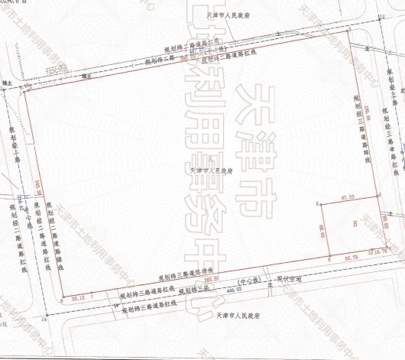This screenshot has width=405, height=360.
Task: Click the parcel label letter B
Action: [354, 224]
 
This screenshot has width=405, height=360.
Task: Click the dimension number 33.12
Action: [77, 297]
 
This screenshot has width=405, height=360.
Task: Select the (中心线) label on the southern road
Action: [250, 281]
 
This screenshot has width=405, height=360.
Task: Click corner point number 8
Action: [61, 300]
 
